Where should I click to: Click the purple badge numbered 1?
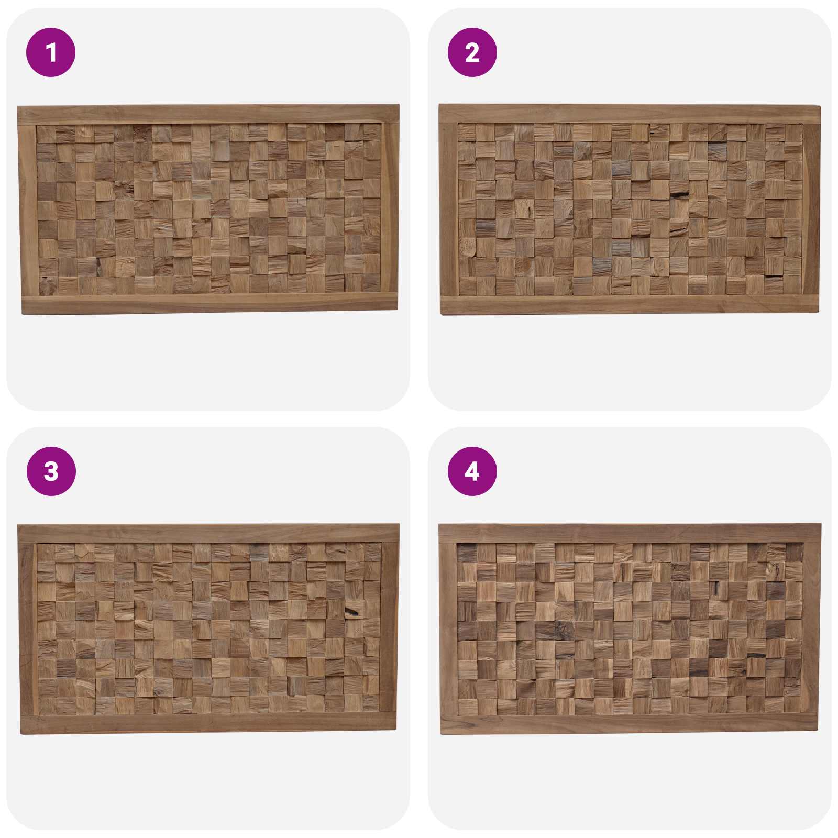51,52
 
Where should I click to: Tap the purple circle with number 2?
472,52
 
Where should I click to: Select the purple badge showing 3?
51,471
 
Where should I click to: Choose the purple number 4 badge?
472,471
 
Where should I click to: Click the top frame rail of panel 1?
208,115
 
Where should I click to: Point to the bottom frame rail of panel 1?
210,304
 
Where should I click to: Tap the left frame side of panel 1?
28,210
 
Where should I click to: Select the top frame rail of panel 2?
630,114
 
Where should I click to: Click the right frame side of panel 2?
811,209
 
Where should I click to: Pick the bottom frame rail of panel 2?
630,305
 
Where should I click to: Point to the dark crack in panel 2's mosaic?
679,195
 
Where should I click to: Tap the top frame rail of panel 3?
208,533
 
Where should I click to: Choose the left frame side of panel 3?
27,629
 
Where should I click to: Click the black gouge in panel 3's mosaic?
352,611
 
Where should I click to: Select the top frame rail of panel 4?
630,533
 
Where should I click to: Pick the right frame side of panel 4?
811,629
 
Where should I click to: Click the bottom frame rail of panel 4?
629,724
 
